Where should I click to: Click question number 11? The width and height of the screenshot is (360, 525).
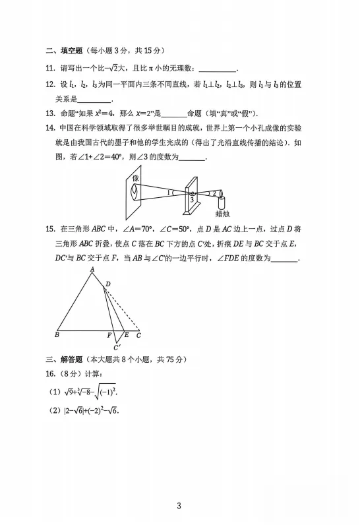coord(50,69)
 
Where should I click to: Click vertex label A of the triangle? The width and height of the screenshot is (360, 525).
coord(92,269)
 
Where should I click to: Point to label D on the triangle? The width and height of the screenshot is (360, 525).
coord(108,284)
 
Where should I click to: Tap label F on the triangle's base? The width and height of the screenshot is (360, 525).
coord(109,335)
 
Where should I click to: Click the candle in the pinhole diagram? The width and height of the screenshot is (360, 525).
coord(221,201)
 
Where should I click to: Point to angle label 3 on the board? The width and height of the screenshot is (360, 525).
coord(192,199)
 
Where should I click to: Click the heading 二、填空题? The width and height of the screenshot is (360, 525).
coord(62,51)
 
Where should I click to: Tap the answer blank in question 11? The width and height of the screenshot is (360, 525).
coord(217,69)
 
